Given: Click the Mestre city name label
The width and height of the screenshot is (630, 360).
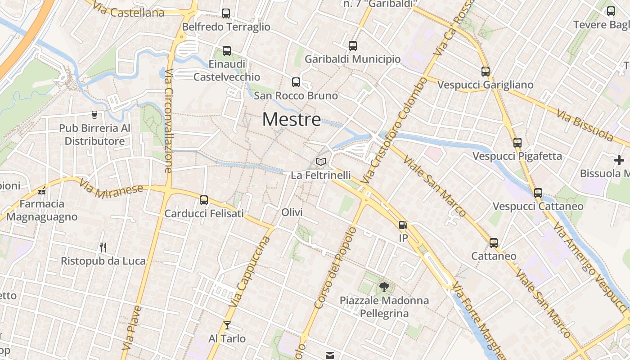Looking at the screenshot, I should (x=292, y=120).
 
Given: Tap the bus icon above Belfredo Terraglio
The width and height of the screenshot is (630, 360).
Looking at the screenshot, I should (x=226, y=13).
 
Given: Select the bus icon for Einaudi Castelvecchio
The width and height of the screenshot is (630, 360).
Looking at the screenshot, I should (x=227, y=51).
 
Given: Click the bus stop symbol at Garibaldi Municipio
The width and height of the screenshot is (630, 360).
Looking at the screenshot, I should (x=353, y=45).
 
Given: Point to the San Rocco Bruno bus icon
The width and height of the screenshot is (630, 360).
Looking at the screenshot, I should (x=296, y=82).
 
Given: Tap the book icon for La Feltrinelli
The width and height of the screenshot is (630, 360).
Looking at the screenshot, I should (x=320, y=162).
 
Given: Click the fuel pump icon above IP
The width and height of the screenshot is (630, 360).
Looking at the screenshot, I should (x=403, y=225).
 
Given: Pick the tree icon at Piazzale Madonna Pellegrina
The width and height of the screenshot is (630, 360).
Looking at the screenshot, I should (x=384, y=287).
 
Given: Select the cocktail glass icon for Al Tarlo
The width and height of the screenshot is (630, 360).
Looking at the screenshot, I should (x=227, y=325).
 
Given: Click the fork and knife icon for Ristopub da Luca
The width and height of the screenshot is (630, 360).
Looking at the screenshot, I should (x=103, y=247).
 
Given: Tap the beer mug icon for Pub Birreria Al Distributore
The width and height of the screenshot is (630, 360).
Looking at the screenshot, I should (x=94, y=115).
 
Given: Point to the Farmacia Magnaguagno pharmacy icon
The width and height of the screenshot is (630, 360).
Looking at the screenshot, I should (x=42, y=191).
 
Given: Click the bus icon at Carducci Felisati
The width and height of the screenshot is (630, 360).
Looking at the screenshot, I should (x=204, y=200).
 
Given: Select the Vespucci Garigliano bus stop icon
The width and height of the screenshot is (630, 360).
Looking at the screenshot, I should (x=486, y=71).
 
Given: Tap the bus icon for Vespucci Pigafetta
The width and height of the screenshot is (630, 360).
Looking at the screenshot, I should (x=517, y=143).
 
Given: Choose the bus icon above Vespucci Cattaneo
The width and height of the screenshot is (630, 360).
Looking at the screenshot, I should (x=538, y=193).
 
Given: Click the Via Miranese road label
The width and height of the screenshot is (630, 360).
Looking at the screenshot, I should (x=111, y=189).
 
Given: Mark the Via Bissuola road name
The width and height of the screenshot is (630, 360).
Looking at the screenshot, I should (x=585, y=125).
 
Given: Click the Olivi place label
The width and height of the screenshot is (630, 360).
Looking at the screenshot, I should (x=292, y=212).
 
